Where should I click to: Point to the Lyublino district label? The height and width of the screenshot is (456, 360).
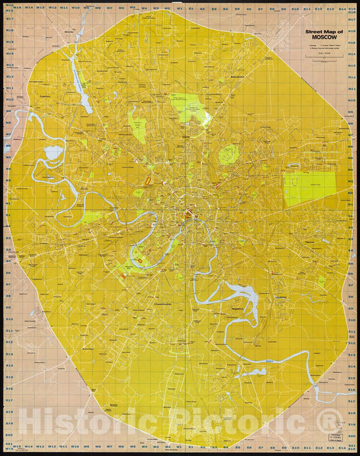282,297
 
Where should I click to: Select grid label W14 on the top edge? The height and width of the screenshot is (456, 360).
30,9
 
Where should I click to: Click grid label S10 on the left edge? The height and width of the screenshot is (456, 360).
10,321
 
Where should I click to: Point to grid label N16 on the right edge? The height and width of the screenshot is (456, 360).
351,19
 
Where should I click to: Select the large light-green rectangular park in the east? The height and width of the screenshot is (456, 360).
309,188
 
